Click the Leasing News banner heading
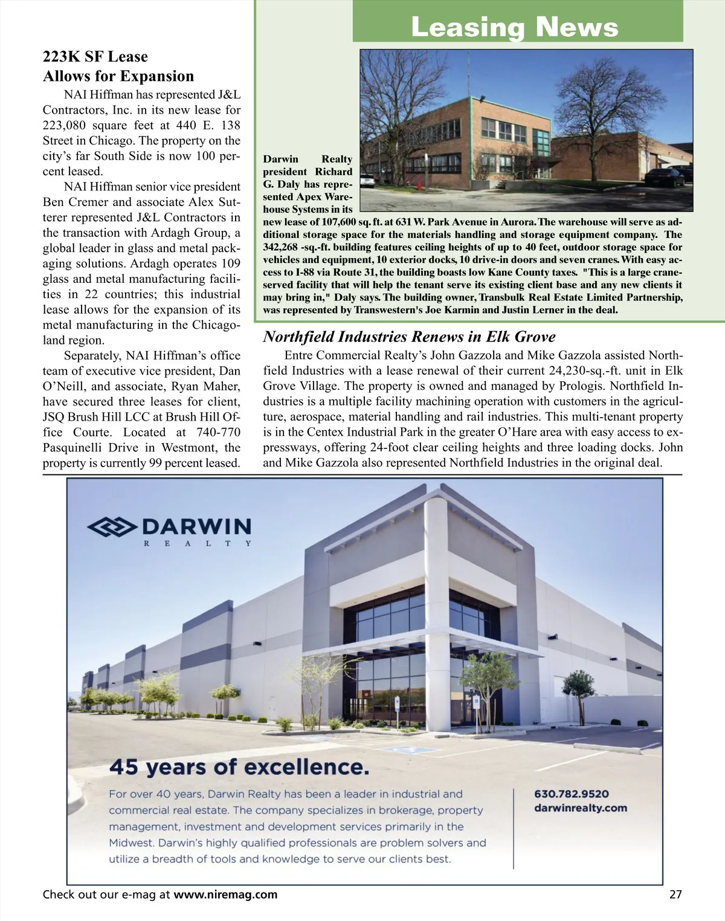[514, 27]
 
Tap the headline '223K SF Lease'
[95, 57]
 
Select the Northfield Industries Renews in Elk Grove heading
[409, 337]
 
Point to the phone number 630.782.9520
[572, 793]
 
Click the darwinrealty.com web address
[581, 808]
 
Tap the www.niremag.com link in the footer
[225, 894]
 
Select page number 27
[675, 894]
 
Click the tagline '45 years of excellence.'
[238, 767]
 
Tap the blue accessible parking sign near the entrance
[397, 702]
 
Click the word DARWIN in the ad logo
[196, 526]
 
